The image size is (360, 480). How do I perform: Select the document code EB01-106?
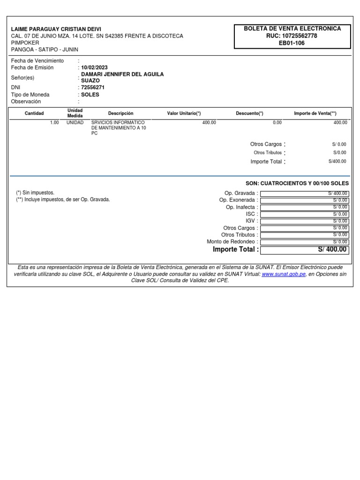pos(292,43)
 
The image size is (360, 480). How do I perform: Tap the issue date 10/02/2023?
pos(94,67)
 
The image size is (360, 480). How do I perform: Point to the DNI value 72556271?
pos(93,87)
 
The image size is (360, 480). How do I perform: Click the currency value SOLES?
pos(90,95)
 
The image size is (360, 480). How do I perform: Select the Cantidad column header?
pos(34,113)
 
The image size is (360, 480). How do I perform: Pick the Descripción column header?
pos(120,113)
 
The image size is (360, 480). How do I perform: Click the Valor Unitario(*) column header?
pos(184,113)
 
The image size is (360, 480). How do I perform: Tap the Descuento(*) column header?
pos(249,113)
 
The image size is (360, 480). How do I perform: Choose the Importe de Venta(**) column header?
pos(315,113)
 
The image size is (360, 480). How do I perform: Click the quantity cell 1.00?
pos(54,122)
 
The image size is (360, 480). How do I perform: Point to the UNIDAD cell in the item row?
pos(75,122)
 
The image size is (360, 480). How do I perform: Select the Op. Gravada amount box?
pos(304,193)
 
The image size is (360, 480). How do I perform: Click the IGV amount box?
pos(304,221)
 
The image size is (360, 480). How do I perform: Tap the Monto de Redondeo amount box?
pos(304,242)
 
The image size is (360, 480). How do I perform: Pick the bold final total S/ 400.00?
pos(332,249)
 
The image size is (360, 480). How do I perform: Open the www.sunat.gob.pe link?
pos(284,274)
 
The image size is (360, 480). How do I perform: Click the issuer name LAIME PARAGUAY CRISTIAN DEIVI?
pos(56,29)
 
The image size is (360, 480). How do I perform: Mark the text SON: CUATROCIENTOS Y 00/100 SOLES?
pos(297,183)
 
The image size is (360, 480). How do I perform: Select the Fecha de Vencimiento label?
pos(37,61)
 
